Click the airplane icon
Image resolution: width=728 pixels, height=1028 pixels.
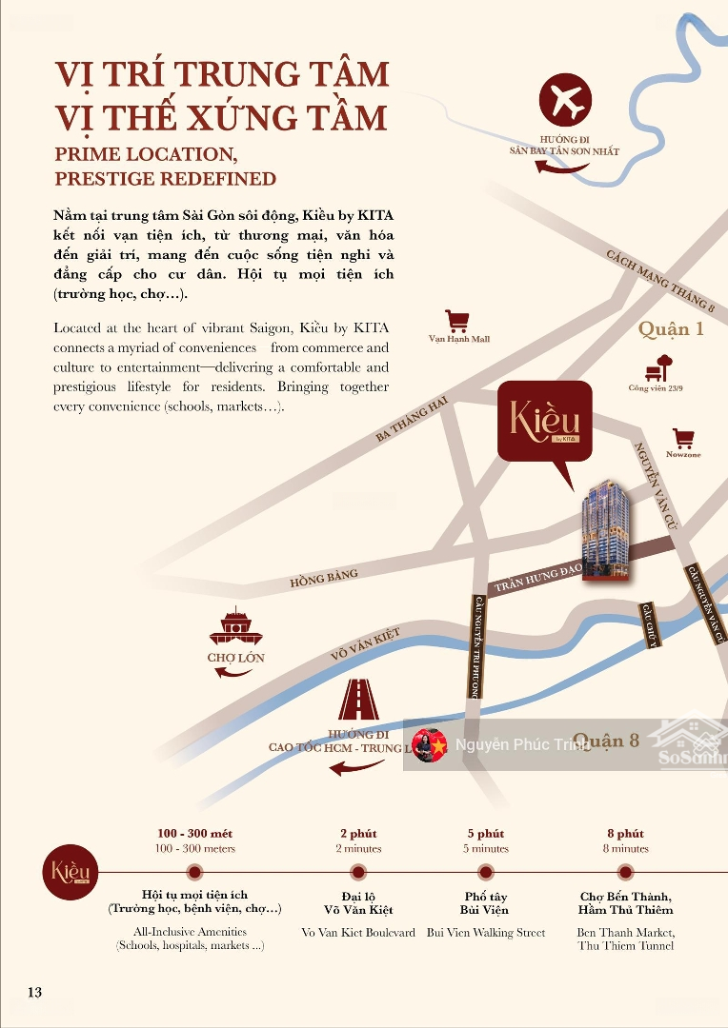[x=565, y=99]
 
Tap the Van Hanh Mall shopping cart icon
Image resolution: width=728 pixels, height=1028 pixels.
[x=457, y=321]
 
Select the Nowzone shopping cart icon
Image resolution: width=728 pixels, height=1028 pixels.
[x=683, y=438]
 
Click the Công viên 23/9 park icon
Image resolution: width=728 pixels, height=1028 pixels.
[x=658, y=367]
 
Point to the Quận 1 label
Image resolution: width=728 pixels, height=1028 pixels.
[x=671, y=329]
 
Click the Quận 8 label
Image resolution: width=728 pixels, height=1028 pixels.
[x=606, y=741]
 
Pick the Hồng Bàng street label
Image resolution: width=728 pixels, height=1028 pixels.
[x=324, y=577]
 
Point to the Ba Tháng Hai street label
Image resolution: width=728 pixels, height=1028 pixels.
[x=412, y=420]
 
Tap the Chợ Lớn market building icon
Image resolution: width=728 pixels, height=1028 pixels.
[x=235, y=627]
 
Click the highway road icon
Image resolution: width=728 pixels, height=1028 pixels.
[x=359, y=701]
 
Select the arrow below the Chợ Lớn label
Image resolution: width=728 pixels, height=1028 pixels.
[x=234, y=673]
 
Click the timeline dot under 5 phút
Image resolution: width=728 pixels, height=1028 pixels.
[x=484, y=872]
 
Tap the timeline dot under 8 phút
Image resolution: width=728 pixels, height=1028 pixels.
[x=625, y=872]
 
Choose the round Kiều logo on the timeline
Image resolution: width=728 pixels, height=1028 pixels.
[x=71, y=872]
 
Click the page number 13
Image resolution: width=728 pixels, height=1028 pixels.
[x=34, y=993]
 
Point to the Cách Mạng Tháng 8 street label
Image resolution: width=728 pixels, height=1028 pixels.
[x=660, y=281]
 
